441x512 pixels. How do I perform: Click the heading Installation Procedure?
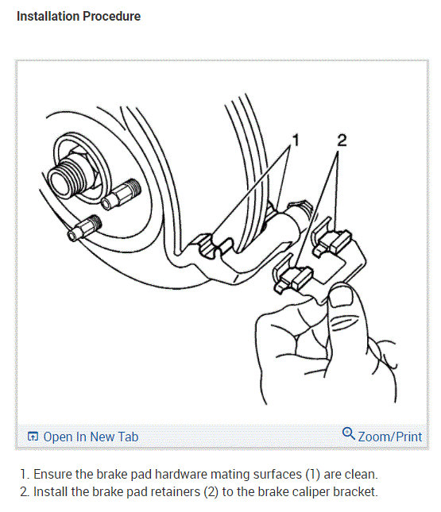[79, 16]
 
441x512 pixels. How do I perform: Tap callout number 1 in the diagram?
[296, 141]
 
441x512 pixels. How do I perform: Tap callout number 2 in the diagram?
[342, 141]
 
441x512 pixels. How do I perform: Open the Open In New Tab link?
[91, 437]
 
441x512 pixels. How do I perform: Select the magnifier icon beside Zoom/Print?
[348, 434]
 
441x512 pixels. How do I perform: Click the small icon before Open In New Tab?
[33, 437]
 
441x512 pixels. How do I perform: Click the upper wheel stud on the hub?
[124, 191]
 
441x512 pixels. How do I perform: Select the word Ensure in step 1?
[54, 474]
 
